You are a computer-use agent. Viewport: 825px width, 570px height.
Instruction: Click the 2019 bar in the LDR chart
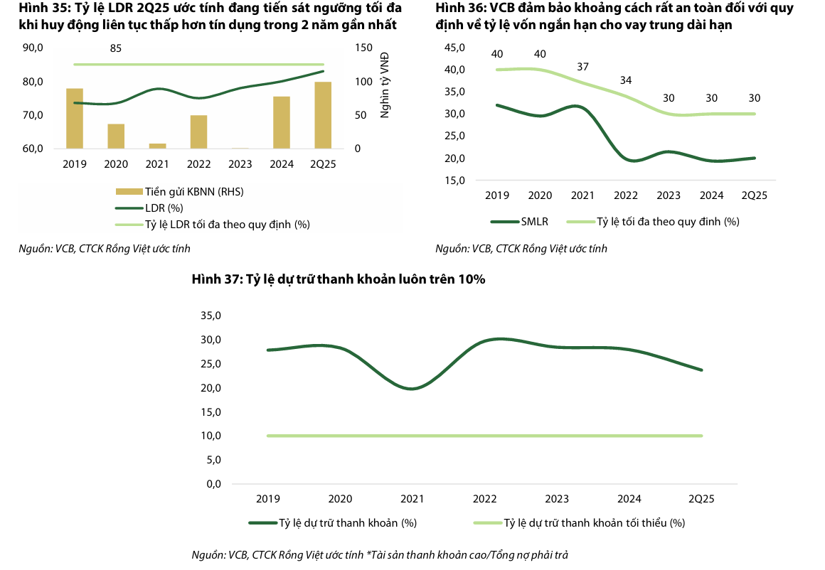[75, 119]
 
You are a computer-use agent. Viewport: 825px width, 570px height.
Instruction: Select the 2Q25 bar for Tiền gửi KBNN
[323, 115]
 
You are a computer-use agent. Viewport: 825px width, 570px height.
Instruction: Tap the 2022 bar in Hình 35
[198, 132]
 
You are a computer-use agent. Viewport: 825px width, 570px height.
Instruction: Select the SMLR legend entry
[534, 221]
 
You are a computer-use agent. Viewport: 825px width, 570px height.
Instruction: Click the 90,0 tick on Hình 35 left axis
[33, 48]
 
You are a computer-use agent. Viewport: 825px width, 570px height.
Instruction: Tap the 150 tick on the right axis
[363, 48]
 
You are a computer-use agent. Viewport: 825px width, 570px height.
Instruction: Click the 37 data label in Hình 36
[583, 67]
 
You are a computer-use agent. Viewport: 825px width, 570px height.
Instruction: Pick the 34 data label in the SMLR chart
[625, 80]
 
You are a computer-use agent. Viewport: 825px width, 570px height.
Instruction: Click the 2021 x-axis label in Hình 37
[412, 498]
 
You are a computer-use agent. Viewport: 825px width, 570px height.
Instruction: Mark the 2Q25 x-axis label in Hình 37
[703, 498]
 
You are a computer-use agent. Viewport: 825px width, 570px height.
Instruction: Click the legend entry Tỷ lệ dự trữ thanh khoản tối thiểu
[594, 522]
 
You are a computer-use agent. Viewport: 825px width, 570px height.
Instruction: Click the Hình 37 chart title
[339, 279]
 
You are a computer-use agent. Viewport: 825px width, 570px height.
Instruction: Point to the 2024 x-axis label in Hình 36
[712, 195]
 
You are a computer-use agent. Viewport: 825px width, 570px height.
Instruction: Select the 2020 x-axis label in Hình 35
[116, 163]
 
